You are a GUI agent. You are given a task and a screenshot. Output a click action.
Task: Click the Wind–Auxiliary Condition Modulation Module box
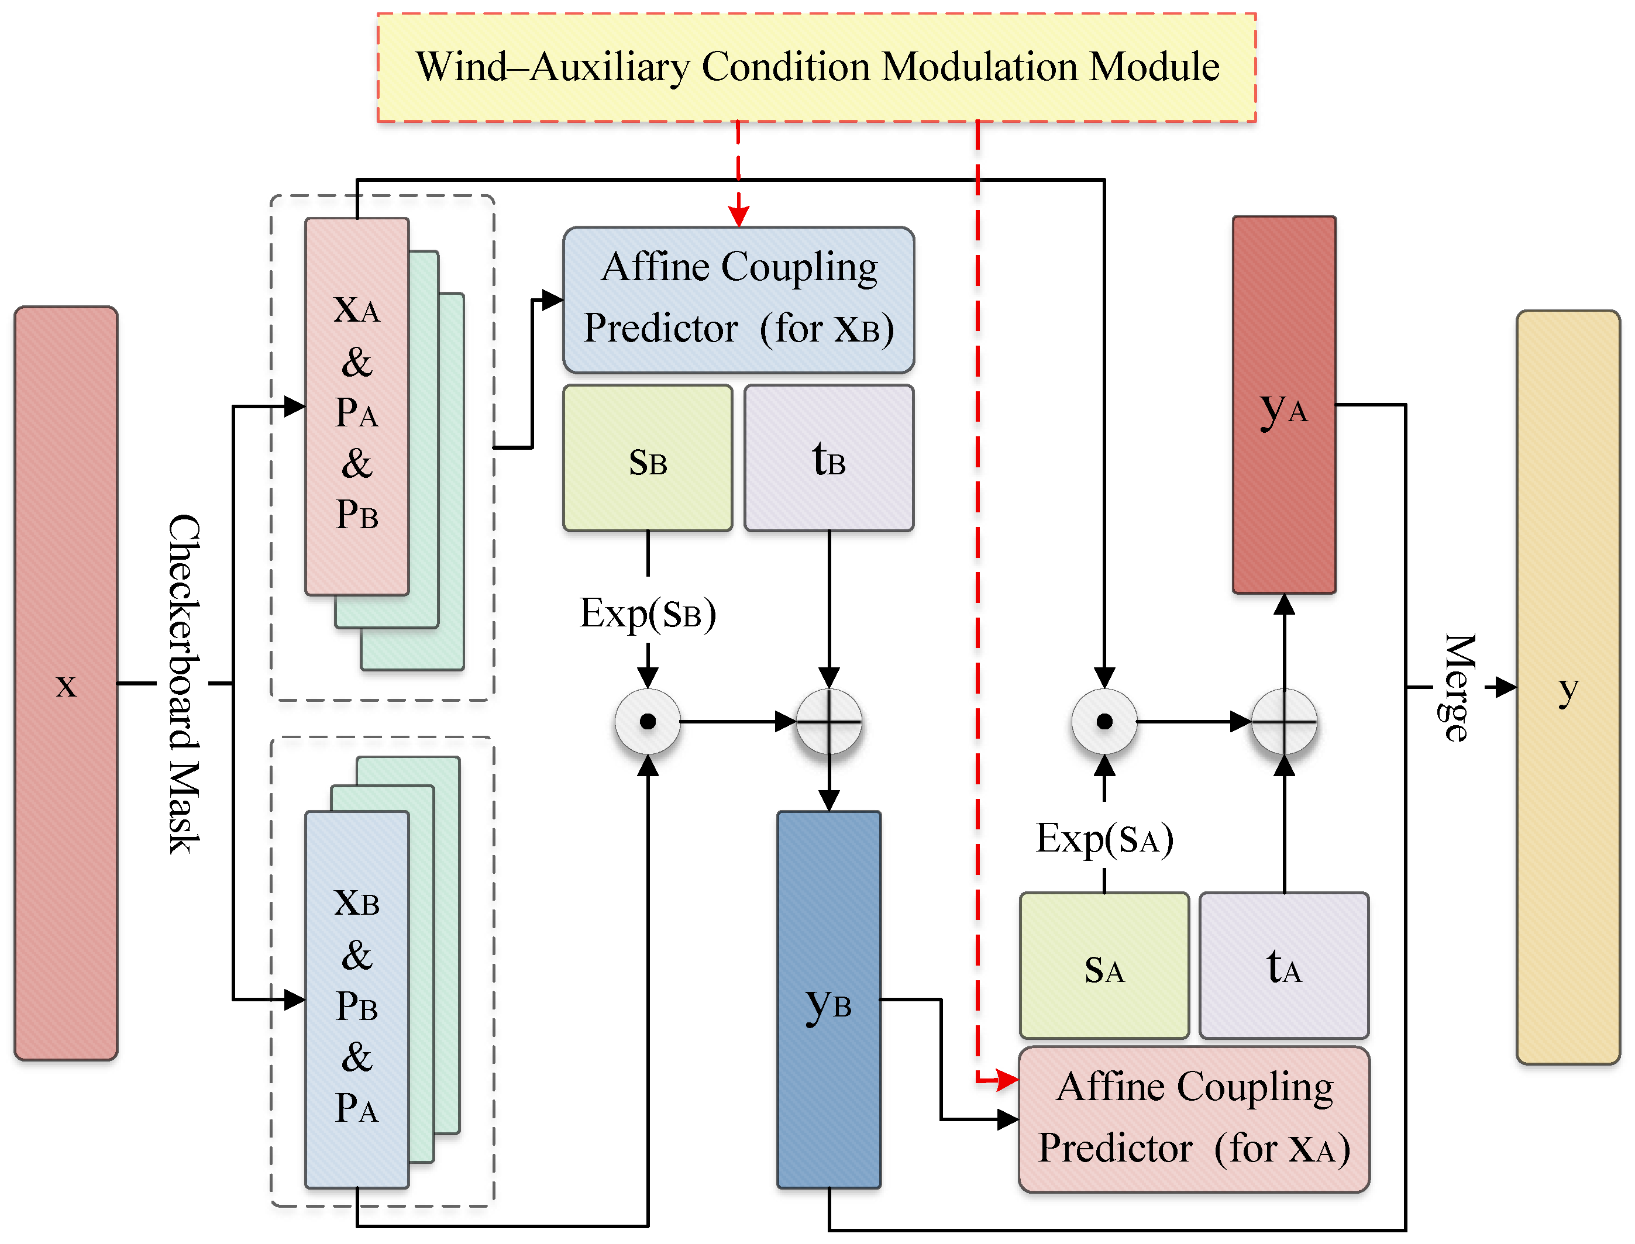pos(816,67)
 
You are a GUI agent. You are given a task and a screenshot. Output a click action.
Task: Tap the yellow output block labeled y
pos(1568,687)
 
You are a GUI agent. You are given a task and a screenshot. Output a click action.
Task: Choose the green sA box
pos(1104,966)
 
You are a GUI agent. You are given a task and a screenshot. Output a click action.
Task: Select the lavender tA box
pos(1284,966)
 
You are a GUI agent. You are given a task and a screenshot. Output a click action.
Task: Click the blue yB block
pos(828,1000)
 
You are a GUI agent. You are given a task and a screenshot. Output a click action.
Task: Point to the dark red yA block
pos(1284,405)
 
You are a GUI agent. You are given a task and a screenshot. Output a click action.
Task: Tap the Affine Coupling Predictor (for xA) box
pos(1195,1119)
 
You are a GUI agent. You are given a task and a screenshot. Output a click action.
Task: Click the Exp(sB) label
pos(648,613)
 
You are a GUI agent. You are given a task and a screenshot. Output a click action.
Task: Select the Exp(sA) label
pos(1104,838)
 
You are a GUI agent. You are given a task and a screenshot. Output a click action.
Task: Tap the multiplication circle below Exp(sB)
pos(648,721)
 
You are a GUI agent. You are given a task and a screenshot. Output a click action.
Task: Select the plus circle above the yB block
pos(828,721)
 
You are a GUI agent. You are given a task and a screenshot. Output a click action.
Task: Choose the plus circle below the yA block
pos(1284,721)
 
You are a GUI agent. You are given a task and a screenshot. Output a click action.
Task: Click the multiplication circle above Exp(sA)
pos(1104,721)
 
